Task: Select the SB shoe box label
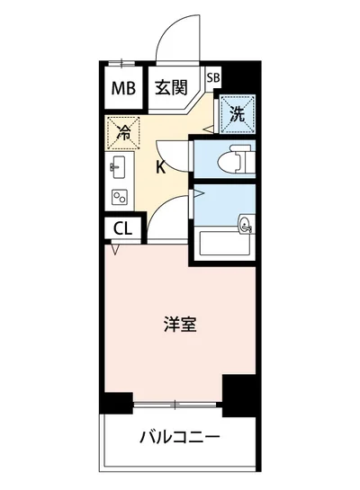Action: pyautogui.click(x=213, y=77)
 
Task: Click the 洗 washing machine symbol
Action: pyautogui.click(x=236, y=113)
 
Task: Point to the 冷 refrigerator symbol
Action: pyautogui.click(x=124, y=133)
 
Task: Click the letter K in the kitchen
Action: pyautogui.click(x=160, y=166)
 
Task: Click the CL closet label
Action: pyautogui.click(x=122, y=228)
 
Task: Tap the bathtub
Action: pyautogui.click(x=225, y=243)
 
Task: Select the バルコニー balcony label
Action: pyautogui.click(x=180, y=438)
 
